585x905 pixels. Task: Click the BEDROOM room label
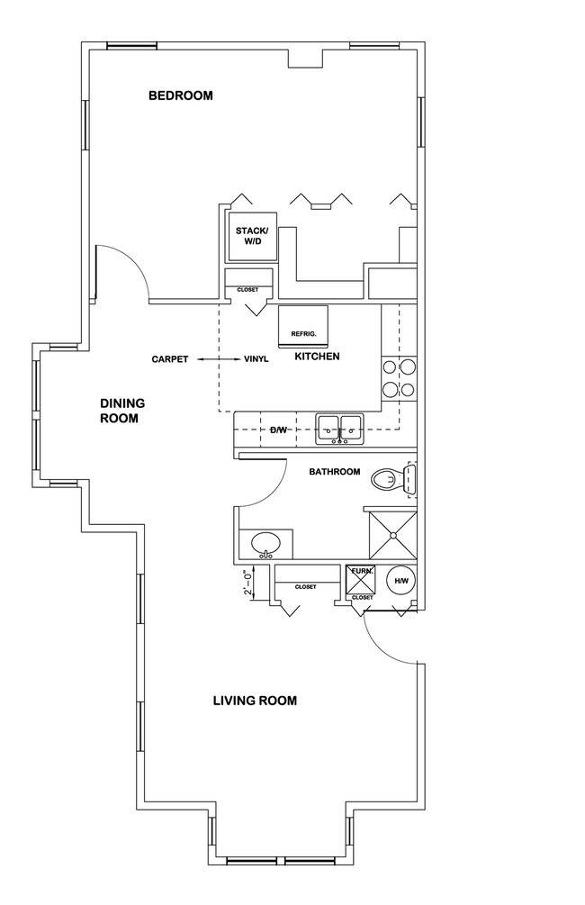pos(180,95)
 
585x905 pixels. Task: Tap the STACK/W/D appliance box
pos(251,237)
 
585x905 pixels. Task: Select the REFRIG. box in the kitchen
pos(303,325)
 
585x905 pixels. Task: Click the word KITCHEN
pos(317,357)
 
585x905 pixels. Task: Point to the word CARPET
pos(169,359)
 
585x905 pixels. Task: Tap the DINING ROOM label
pos(122,411)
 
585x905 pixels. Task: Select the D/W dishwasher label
pos(278,430)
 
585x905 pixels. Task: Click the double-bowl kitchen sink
pos(339,428)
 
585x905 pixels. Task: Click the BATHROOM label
pos(334,472)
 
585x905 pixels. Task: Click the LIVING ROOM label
pos(255,700)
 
